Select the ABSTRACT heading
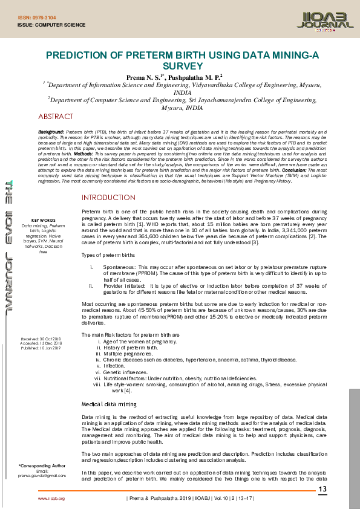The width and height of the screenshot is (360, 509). tap(56, 116)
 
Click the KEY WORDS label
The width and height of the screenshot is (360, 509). tap(43, 220)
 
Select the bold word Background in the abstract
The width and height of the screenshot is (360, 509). tap(51, 131)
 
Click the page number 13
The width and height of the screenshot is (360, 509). tap(322, 489)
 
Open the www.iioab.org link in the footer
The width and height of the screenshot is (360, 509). tap(51, 499)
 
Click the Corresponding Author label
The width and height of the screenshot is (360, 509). tap(42, 466)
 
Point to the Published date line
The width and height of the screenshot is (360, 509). tap(41, 348)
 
